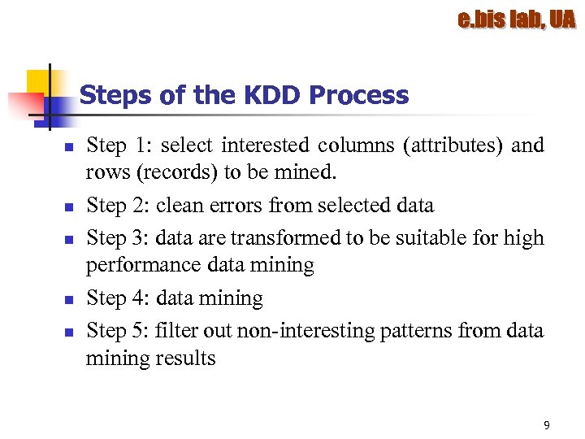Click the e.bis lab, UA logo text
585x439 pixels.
(516, 20)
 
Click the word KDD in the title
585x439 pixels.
(269, 95)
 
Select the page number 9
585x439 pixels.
(546, 425)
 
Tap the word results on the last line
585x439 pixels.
(185, 358)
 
